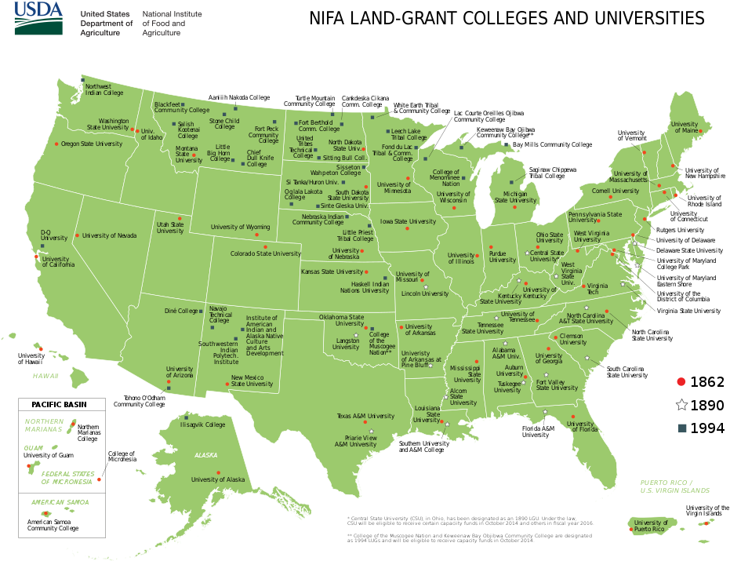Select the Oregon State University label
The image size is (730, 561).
click(x=92, y=144)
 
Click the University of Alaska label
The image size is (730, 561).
click(x=218, y=479)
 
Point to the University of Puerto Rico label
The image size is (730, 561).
click(x=651, y=526)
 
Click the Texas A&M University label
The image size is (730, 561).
click(x=365, y=416)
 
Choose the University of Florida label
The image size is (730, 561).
click(x=581, y=424)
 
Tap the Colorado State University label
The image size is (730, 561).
click(x=265, y=253)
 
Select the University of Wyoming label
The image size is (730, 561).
click(x=240, y=227)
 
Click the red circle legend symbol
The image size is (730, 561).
click(x=681, y=382)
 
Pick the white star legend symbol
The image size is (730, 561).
click(x=681, y=405)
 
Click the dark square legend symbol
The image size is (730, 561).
click(x=681, y=428)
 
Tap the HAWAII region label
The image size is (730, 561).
click(x=45, y=376)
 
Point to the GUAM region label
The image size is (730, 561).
click(x=32, y=447)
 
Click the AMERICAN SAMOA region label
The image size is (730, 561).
click(x=60, y=502)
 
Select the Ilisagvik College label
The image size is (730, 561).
click(x=202, y=424)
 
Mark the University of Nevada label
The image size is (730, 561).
click(x=109, y=235)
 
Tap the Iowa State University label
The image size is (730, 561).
click(x=408, y=221)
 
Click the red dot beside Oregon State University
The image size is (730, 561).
click(x=56, y=144)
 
